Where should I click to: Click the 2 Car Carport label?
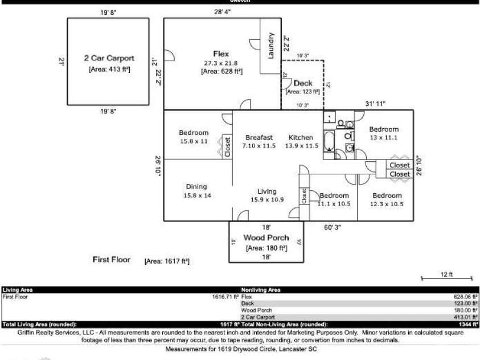coord(109,58)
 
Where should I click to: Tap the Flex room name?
coord(221,54)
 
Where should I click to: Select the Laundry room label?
coord(270,45)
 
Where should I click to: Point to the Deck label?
coord(303,83)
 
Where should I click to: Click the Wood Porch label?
coord(266,238)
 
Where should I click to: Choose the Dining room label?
coord(196,186)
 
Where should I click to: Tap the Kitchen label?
coord(301,137)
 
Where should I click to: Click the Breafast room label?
coord(259,137)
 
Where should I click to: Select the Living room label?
coord(267,191)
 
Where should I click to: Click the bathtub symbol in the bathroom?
coord(330,141)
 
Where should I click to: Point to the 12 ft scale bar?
coord(446,278)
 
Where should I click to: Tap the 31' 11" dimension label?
coord(375,104)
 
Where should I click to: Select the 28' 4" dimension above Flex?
coord(222,11)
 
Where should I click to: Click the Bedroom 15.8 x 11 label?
coord(194,133)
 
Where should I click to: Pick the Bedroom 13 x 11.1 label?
coord(384,129)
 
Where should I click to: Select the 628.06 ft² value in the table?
coord(466,297)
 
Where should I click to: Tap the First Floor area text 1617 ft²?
coord(167,261)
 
